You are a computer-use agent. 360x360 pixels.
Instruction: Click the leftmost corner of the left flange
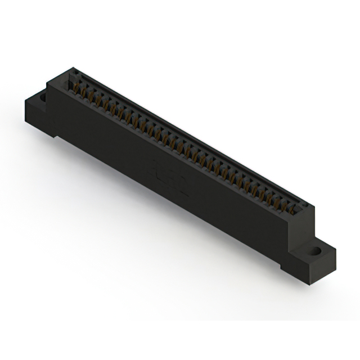click(x=25, y=101)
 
